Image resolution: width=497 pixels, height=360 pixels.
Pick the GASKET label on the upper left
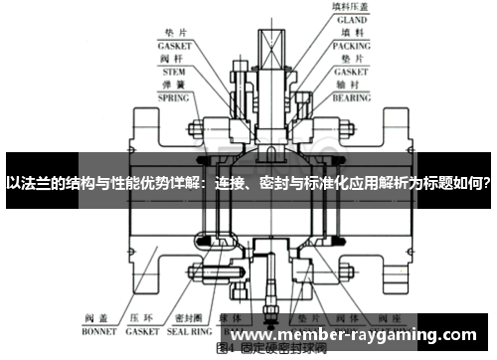(175, 46)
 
